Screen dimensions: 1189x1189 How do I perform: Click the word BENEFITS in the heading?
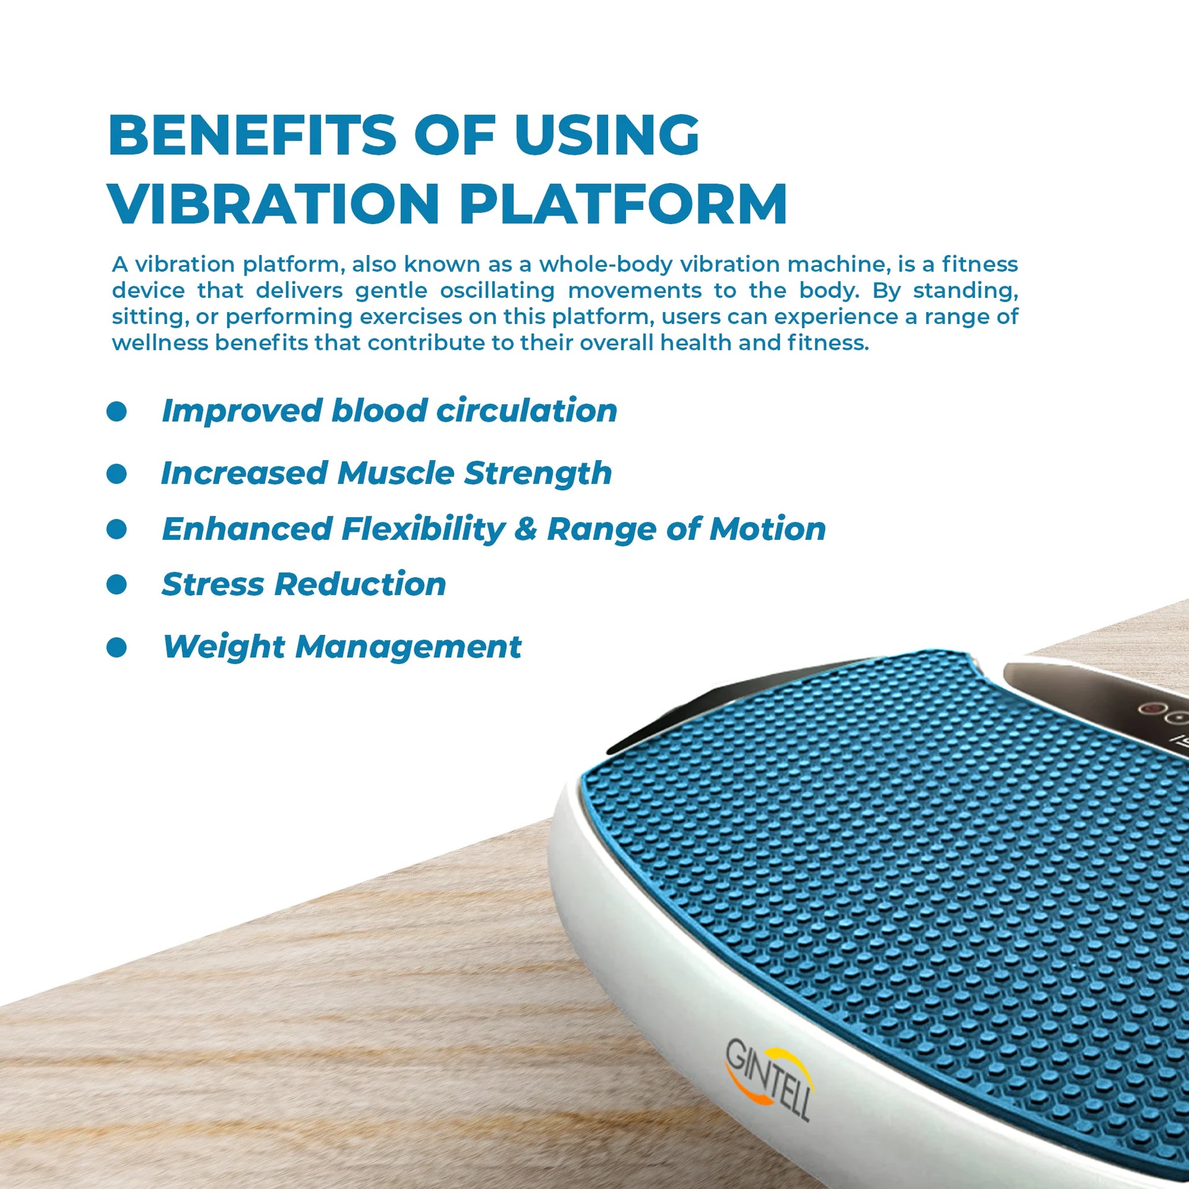(x=252, y=135)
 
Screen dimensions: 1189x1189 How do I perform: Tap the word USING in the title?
(x=607, y=135)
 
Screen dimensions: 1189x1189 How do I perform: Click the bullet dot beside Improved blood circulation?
(x=116, y=411)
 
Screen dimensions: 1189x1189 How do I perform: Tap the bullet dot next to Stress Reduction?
(x=116, y=584)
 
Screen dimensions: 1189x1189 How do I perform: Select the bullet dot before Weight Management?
(x=116, y=648)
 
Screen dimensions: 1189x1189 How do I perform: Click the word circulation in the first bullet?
(x=527, y=411)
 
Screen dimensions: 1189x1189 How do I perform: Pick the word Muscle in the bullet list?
(x=396, y=473)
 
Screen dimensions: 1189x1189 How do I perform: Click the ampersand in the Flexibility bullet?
(x=526, y=529)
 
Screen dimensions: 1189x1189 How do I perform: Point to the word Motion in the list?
(x=768, y=529)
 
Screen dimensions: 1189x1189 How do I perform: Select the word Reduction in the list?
(x=360, y=584)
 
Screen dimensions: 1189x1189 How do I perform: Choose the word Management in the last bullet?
(x=409, y=648)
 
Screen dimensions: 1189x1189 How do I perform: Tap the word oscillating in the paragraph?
(x=497, y=291)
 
